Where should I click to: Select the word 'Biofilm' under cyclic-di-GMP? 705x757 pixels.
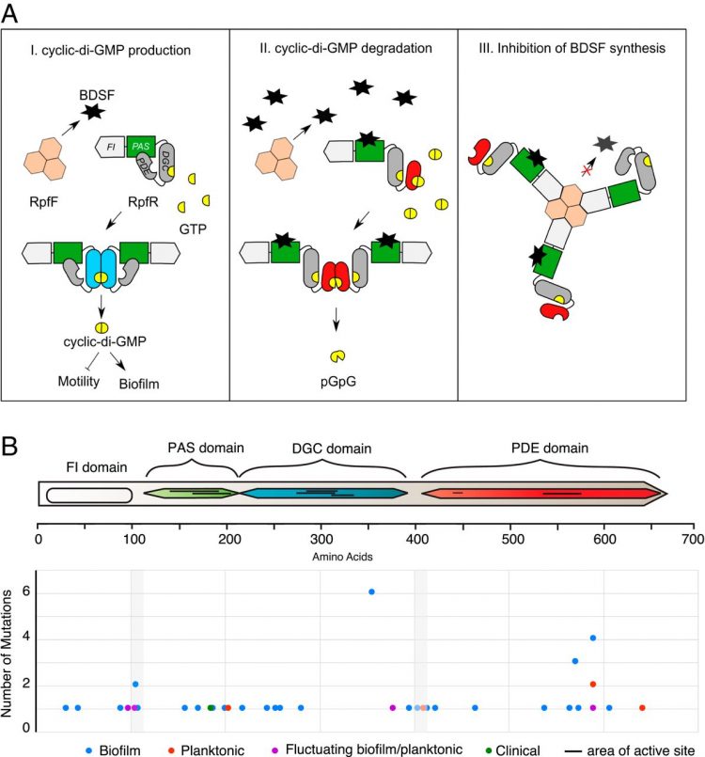pos(144,382)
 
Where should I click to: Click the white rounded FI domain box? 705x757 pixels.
pos(87,494)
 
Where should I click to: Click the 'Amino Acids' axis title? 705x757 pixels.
pos(347,557)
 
